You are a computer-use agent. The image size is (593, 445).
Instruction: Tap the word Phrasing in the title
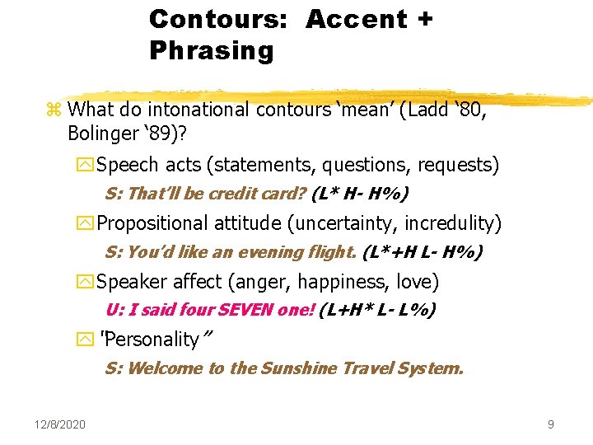(211, 51)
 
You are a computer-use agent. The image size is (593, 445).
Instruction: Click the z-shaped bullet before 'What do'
(55, 110)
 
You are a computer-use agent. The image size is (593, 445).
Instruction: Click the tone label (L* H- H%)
(360, 194)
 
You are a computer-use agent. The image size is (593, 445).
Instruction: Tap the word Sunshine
(297, 368)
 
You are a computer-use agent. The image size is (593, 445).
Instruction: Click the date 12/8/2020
(60, 424)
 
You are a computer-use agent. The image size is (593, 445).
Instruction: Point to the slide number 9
(550, 424)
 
